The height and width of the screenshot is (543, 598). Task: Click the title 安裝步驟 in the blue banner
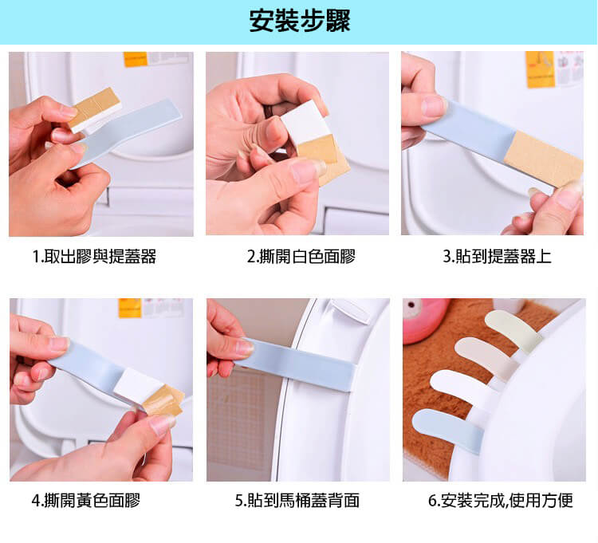pyautogui.click(x=300, y=21)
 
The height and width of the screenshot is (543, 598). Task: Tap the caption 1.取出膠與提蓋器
pyautogui.click(x=94, y=256)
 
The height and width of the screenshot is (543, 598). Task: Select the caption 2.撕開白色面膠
pyautogui.click(x=301, y=256)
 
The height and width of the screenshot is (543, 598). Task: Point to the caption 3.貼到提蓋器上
pyautogui.click(x=497, y=256)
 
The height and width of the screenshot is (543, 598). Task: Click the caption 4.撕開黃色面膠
pyautogui.click(x=86, y=500)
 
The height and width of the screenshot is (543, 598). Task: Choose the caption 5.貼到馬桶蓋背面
pyautogui.click(x=297, y=500)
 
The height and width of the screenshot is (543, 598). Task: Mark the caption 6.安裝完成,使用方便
pyautogui.click(x=501, y=500)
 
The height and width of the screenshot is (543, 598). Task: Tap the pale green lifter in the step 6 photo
pyautogui.click(x=513, y=331)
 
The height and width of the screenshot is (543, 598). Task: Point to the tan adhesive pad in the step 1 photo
pyautogui.click(x=95, y=107)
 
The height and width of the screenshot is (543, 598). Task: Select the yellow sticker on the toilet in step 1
pyautogui.click(x=135, y=60)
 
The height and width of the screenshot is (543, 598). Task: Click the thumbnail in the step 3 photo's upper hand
pyautogui.click(x=434, y=106)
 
